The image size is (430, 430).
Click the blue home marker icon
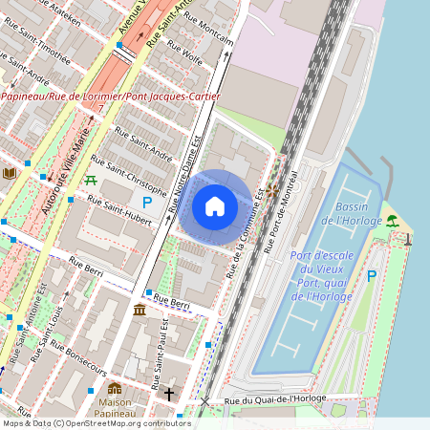coord(215,206)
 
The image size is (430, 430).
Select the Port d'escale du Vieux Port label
coord(322,269)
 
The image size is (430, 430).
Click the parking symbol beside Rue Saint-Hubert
coord(147,202)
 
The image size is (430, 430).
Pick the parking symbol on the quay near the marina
coord(372,276)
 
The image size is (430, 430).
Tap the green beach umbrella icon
coord(392,220)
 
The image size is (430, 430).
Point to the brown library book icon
coord(10,173)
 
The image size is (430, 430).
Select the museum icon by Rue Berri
coord(140,310)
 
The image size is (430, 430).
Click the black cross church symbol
coord(169,393)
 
